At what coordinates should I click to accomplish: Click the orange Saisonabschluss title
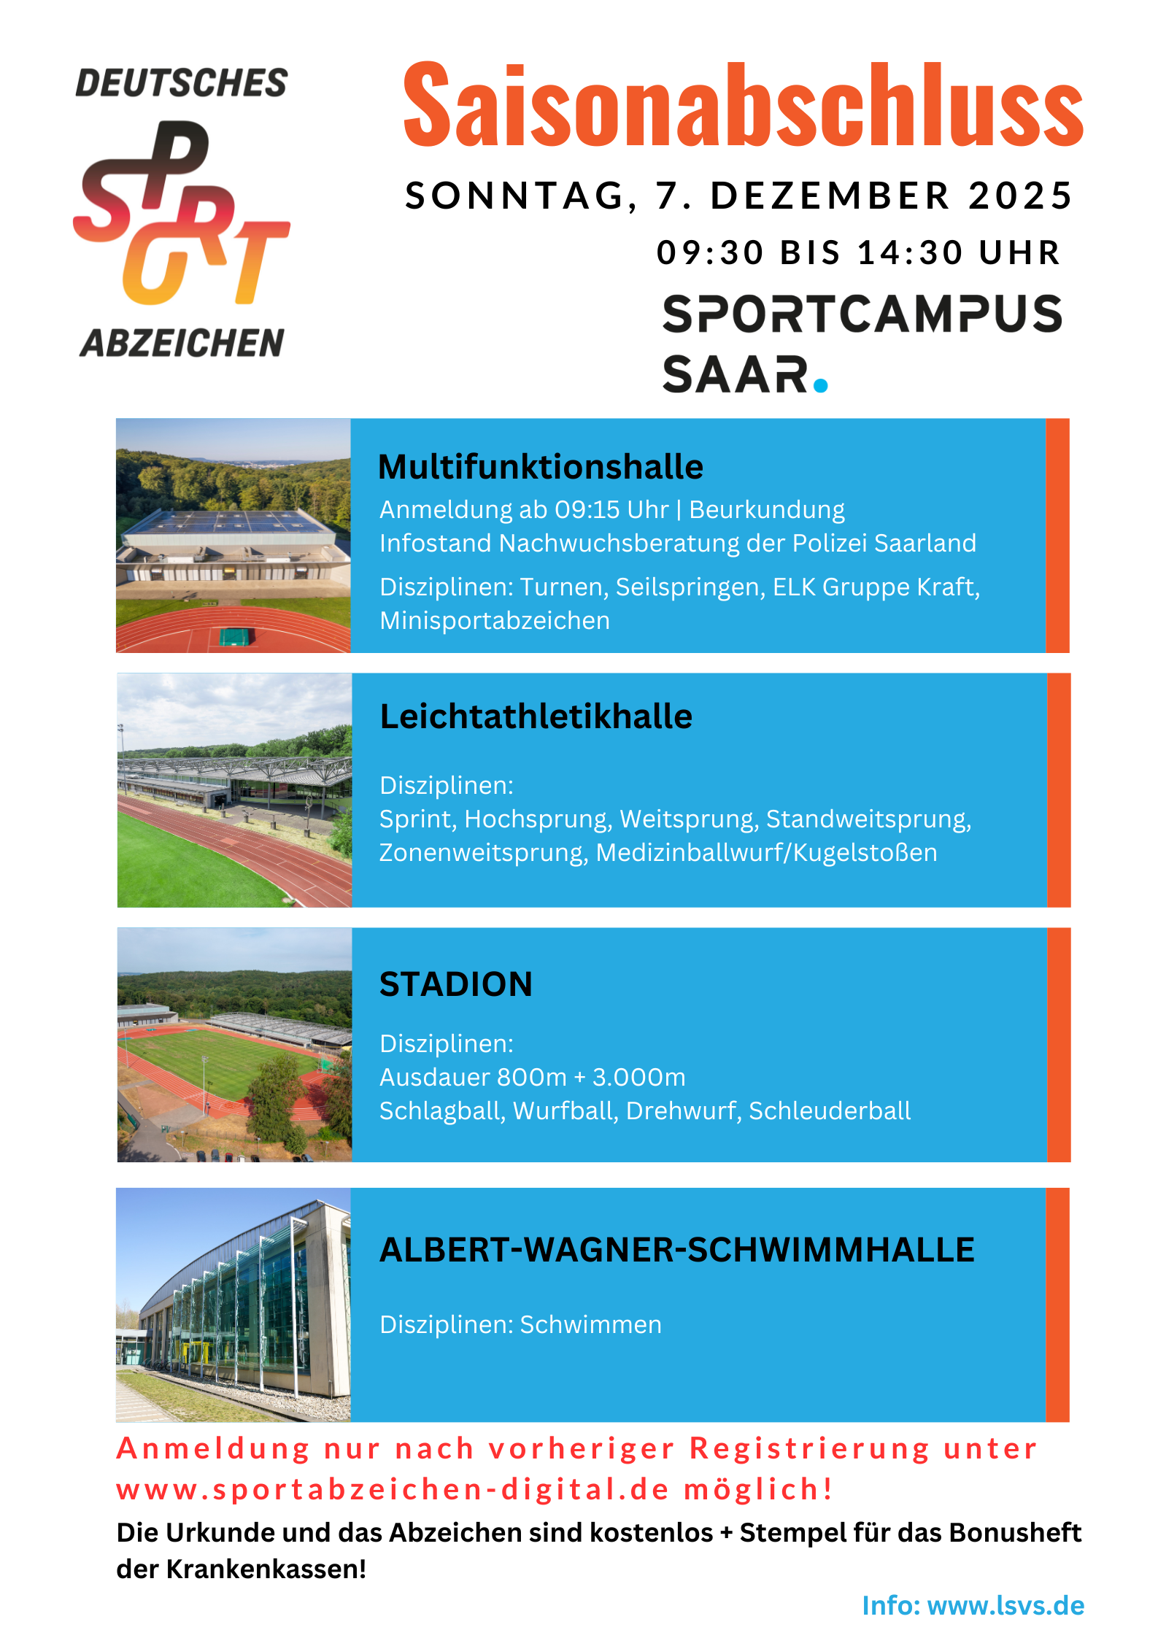tap(743, 105)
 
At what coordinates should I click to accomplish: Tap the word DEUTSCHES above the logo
tap(182, 83)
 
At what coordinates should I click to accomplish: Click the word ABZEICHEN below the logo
tap(182, 343)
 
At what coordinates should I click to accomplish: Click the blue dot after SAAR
tap(821, 384)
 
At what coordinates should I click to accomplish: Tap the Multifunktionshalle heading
tap(541, 467)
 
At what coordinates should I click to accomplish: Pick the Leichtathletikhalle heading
tap(536, 716)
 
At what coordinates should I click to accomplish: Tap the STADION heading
tap(456, 984)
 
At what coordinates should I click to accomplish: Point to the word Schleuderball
tap(830, 1110)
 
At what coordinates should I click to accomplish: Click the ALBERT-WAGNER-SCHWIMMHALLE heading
tap(677, 1250)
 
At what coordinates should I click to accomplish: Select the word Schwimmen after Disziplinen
tap(591, 1324)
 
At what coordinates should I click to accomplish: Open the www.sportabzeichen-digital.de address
tap(393, 1489)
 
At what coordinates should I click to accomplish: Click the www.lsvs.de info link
tap(1005, 1605)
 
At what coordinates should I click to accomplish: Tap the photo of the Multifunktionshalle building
tap(233, 536)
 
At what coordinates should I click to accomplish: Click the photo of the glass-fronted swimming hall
tap(233, 1305)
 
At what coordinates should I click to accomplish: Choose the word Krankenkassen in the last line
tap(266, 1569)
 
